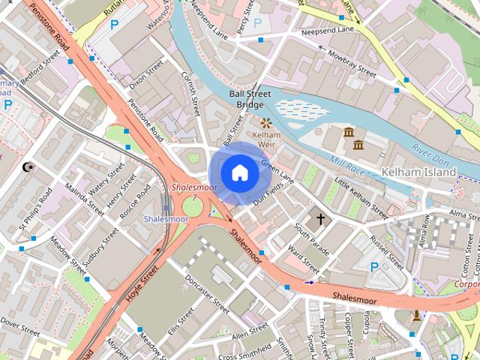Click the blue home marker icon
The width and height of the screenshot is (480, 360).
coord(239,173)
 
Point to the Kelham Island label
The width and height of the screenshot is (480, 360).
coord(418,172)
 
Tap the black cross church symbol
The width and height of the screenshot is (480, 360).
coord(321,219)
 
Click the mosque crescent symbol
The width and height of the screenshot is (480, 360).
coord(30,166)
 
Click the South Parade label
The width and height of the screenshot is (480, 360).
coord(311,239)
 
